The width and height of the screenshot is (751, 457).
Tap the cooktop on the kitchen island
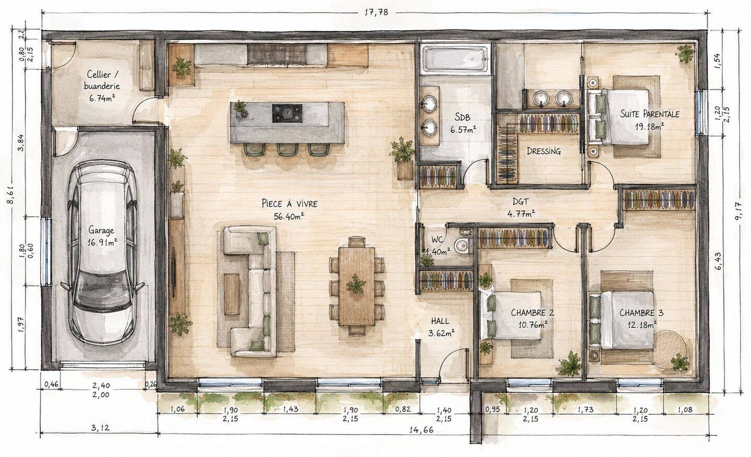point(287,113)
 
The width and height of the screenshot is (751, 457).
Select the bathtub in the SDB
point(454,59)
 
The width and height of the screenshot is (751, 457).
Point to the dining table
point(356,286)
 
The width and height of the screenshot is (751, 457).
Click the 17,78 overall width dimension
point(376,13)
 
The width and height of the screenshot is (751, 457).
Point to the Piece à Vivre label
point(289,203)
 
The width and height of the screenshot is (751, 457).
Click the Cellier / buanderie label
point(102,80)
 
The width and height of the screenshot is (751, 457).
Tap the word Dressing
point(544,151)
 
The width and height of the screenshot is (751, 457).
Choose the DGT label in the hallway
point(520,202)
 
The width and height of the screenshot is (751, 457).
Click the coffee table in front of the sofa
point(232,294)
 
